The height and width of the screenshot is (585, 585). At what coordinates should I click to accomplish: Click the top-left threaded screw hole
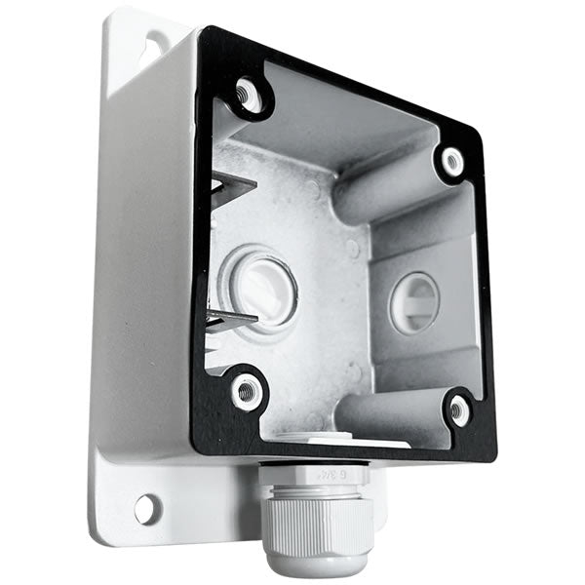[x=248, y=95]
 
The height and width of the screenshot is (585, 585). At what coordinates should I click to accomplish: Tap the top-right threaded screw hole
[x=451, y=160]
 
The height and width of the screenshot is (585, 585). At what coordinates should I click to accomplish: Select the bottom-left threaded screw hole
[x=246, y=390]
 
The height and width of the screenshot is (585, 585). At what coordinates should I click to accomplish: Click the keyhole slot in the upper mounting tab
[x=155, y=43]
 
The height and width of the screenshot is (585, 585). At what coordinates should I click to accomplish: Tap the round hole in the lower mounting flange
[x=146, y=507]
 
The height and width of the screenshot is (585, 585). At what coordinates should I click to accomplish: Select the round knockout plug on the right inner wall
[x=415, y=302]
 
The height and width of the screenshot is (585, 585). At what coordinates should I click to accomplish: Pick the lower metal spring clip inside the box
[x=231, y=318]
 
